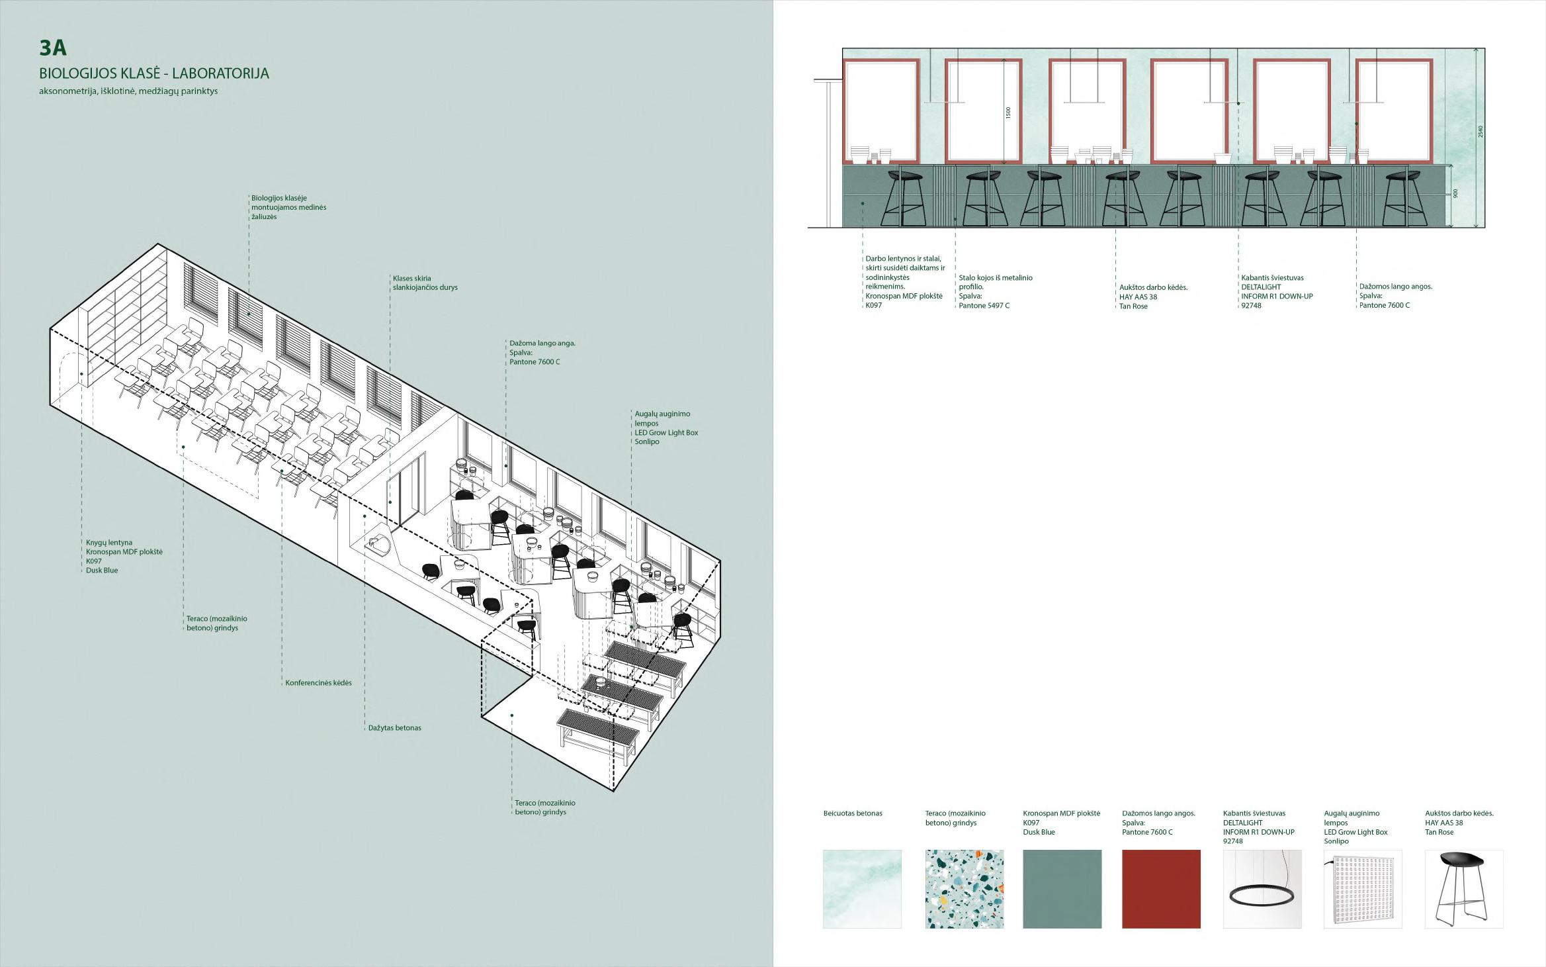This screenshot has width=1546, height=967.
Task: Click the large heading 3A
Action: click(x=53, y=48)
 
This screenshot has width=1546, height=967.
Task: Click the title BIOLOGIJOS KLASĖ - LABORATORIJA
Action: click(x=153, y=73)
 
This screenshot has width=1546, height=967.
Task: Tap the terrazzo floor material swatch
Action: click(x=964, y=888)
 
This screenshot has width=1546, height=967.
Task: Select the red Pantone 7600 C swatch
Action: click(x=1161, y=888)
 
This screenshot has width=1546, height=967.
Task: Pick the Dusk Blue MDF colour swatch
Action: click(x=1062, y=888)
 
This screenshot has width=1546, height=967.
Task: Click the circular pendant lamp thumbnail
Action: click(x=1262, y=888)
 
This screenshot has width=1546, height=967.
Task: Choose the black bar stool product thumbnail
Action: click(x=1463, y=888)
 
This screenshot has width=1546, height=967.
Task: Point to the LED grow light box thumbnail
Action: click(x=1362, y=888)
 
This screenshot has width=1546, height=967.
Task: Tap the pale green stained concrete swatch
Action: click(x=861, y=888)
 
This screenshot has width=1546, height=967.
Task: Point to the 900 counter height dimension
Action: click(x=1456, y=193)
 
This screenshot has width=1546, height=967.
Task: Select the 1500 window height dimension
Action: click(x=1008, y=113)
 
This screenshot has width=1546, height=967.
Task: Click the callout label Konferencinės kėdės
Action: click(x=318, y=683)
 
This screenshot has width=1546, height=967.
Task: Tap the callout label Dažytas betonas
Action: click(x=394, y=728)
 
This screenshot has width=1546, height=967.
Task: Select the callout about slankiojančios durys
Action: click(x=425, y=283)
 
